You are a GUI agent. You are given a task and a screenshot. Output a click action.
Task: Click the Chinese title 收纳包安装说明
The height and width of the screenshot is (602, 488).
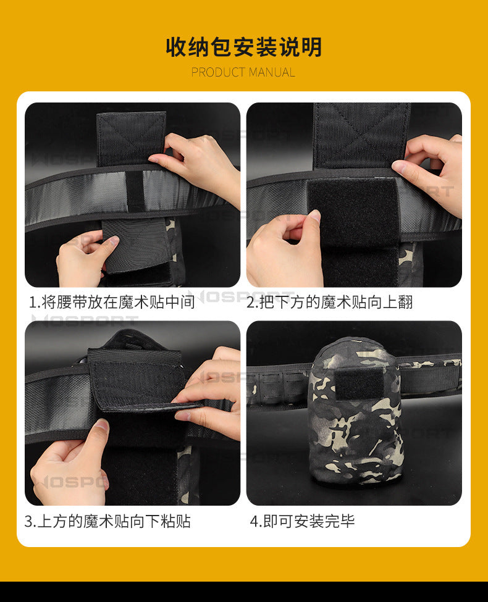(243, 47)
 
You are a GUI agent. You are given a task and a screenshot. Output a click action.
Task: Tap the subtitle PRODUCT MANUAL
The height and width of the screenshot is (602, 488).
(243, 72)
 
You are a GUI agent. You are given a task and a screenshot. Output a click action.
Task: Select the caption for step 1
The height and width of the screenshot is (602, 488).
(112, 302)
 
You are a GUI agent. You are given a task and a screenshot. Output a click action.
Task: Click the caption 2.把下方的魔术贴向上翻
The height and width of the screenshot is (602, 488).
(330, 302)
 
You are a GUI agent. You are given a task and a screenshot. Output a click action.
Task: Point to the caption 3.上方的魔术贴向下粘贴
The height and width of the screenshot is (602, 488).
(107, 521)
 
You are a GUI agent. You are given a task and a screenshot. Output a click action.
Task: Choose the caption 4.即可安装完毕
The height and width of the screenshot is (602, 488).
(302, 521)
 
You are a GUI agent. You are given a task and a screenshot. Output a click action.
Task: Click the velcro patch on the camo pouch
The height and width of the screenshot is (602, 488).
(360, 384)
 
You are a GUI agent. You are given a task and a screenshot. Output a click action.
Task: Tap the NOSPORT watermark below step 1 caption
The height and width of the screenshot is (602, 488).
(85, 319)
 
